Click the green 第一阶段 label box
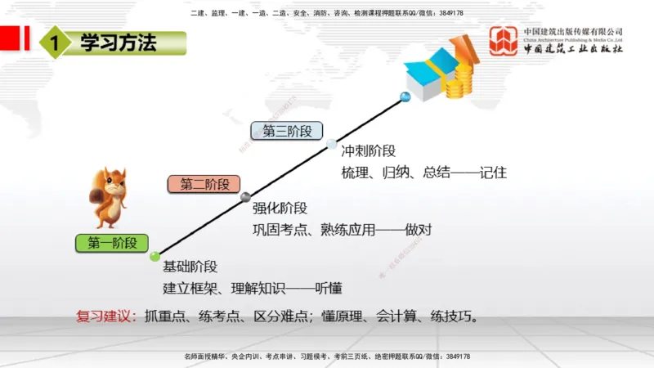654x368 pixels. point(112,242)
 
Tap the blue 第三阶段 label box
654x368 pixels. point(287,131)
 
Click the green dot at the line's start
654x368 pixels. point(155,257)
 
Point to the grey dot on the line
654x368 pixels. point(245,196)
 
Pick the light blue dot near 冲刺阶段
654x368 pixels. point(331,144)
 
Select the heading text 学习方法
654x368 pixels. point(118,43)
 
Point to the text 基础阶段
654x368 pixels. point(190,267)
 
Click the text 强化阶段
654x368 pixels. point(280,208)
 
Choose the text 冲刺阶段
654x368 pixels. point(368,151)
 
